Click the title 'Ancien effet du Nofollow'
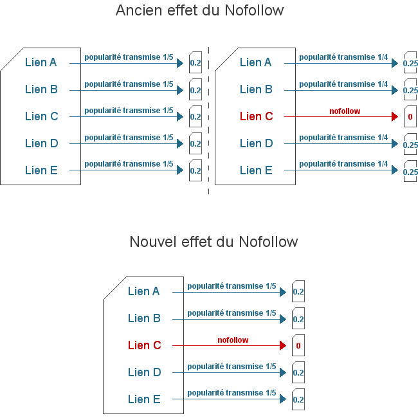(199, 11)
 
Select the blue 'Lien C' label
(41, 116)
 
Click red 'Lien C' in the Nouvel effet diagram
(144, 345)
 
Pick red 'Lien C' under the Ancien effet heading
(256, 116)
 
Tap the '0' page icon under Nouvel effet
(298, 346)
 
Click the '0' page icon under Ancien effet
(410, 117)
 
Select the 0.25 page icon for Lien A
(410, 63)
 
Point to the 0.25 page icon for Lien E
(410, 171)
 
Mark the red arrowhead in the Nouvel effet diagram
(282, 345)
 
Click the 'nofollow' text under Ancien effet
(345, 111)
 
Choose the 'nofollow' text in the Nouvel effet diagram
(233, 340)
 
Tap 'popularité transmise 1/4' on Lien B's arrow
(343, 84)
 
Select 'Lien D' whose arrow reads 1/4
(256, 143)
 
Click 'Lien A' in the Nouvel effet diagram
(144, 291)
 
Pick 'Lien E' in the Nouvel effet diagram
(144, 399)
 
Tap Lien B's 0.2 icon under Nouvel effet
(298, 319)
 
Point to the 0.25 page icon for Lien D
(410, 144)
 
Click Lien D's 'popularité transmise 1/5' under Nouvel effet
(232, 367)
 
